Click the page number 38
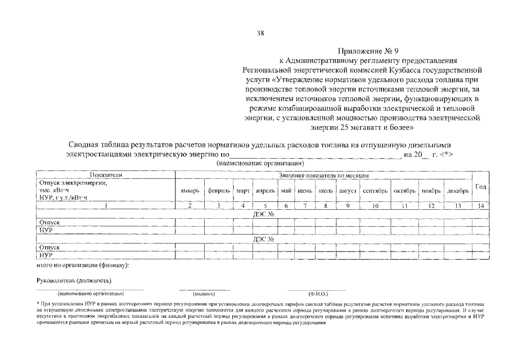click(260, 33)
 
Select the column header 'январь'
click(190, 191)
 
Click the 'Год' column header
click(481, 187)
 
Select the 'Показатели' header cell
click(106, 175)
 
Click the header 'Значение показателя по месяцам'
click(323, 175)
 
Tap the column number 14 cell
click(481, 206)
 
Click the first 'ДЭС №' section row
click(264, 214)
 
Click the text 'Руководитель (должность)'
click(70, 280)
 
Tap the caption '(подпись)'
click(204, 294)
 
